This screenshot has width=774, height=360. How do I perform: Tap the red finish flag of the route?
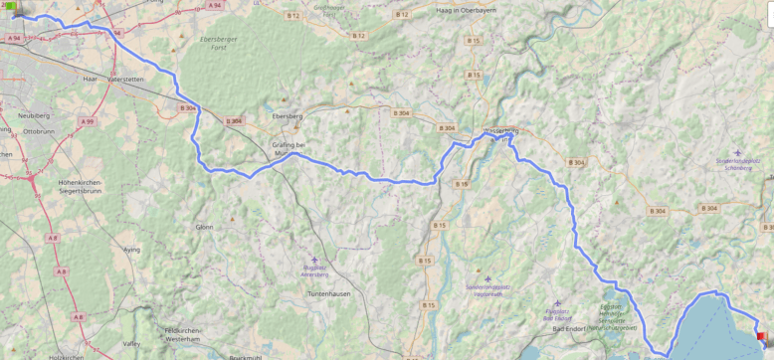[x=761, y=336]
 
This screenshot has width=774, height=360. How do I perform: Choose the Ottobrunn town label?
[x=39, y=130]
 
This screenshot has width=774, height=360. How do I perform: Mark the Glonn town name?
[x=204, y=226]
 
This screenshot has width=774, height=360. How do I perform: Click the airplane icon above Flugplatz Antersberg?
[x=314, y=260]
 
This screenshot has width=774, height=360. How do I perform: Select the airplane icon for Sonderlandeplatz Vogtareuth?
[x=487, y=278]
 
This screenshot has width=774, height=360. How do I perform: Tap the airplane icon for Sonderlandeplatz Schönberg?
[x=737, y=153]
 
